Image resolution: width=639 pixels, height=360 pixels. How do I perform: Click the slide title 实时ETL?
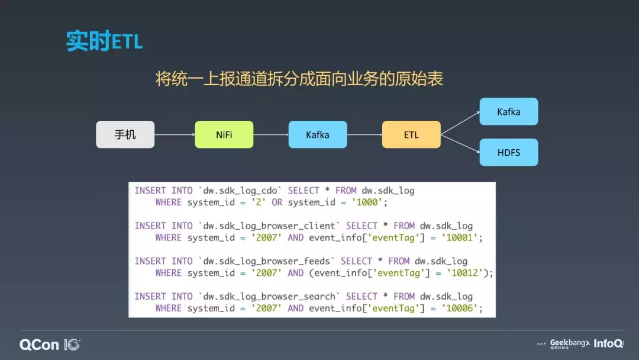104,42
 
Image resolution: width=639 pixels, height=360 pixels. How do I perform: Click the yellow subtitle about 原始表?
299,79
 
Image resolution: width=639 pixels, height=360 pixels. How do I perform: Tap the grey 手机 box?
125,134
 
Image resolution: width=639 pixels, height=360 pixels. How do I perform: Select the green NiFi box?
224,134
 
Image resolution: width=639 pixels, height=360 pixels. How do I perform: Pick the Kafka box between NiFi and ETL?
317,134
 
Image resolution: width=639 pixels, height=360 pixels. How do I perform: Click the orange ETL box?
411,134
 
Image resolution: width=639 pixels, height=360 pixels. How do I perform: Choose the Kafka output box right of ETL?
508,111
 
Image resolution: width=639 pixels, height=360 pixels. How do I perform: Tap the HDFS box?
508,152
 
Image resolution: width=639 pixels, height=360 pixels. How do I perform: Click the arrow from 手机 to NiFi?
175,134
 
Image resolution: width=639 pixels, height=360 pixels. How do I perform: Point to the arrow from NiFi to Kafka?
271,134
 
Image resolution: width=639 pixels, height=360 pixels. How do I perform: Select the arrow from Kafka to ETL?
364,134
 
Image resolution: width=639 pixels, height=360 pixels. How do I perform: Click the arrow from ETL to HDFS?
460,143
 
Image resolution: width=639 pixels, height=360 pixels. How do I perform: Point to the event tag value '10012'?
465,273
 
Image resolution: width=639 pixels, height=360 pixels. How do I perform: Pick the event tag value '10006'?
460,308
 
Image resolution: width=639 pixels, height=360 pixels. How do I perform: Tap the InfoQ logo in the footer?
608,343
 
